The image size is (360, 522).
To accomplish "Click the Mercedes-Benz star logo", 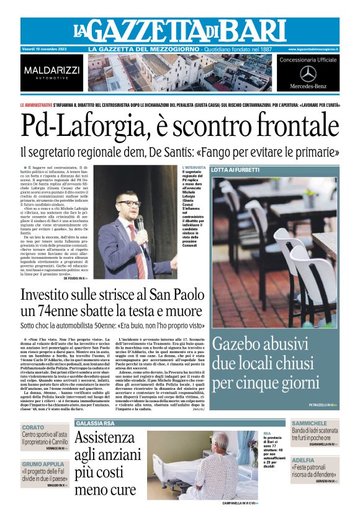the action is click(307, 73).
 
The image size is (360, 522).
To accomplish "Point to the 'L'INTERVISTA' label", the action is click(194, 168).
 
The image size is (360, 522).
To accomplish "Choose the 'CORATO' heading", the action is click(34, 428).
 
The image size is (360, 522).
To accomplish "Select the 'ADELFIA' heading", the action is click(304, 460).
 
